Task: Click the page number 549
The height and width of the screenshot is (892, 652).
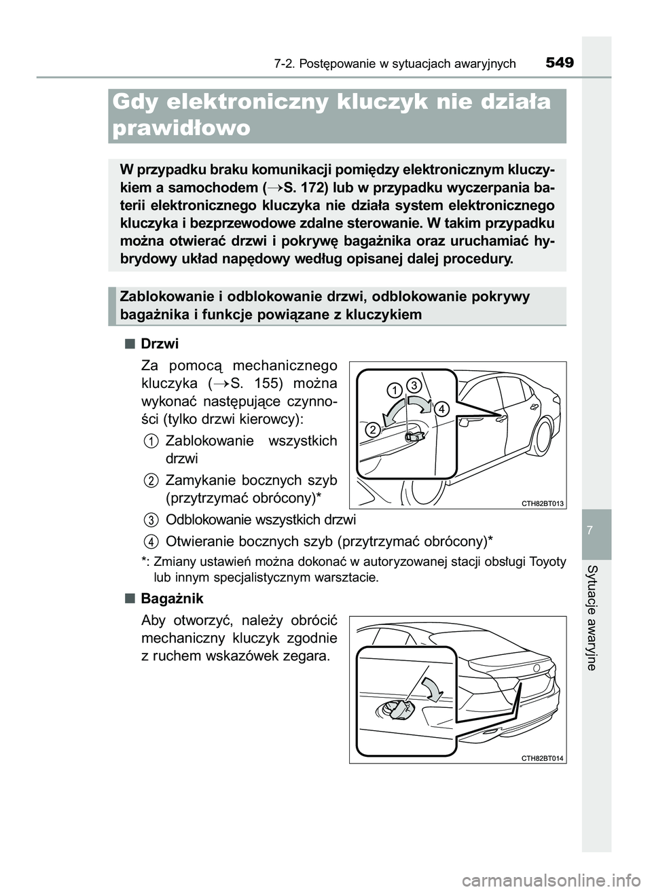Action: click(x=559, y=63)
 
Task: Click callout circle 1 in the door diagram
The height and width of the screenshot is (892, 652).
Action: click(x=394, y=389)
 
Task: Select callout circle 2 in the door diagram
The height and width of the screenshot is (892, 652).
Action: click(x=373, y=430)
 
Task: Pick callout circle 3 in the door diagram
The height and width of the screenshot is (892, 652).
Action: click(x=416, y=385)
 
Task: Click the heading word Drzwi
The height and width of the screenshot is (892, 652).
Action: click(x=160, y=344)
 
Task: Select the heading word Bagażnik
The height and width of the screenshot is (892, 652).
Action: click(x=172, y=599)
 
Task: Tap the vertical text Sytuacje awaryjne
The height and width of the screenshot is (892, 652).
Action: click(x=596, y=617)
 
